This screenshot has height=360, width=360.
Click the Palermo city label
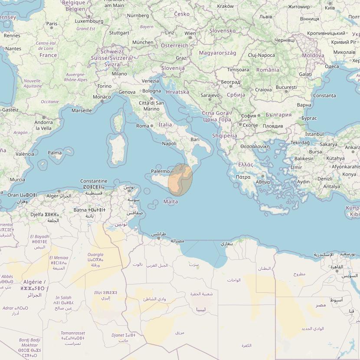click(x=160, y=171)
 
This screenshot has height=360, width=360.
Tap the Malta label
click(x=170, y=202)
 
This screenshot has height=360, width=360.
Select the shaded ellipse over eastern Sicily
click(x=180, y=180)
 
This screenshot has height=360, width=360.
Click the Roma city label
click(x=143, y=126)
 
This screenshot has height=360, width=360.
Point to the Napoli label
click(x=169, y=144)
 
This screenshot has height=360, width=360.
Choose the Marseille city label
click(x=82, y=111)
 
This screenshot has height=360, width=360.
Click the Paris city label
click(x=52, y=24)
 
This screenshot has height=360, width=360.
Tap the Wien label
click(x=190, y=33)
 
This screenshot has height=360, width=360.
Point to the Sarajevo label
click(x=210, y=95)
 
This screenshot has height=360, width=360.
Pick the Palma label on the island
click(x=55, y=153)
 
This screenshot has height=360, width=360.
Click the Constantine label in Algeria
click(x=94, y=181)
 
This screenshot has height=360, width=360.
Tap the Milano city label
click(x=119, y=74)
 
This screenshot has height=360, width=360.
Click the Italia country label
click(x=165, y=124)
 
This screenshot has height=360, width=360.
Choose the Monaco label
click(x=102, y=97)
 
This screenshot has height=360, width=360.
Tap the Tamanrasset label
click(x=73, y=333)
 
